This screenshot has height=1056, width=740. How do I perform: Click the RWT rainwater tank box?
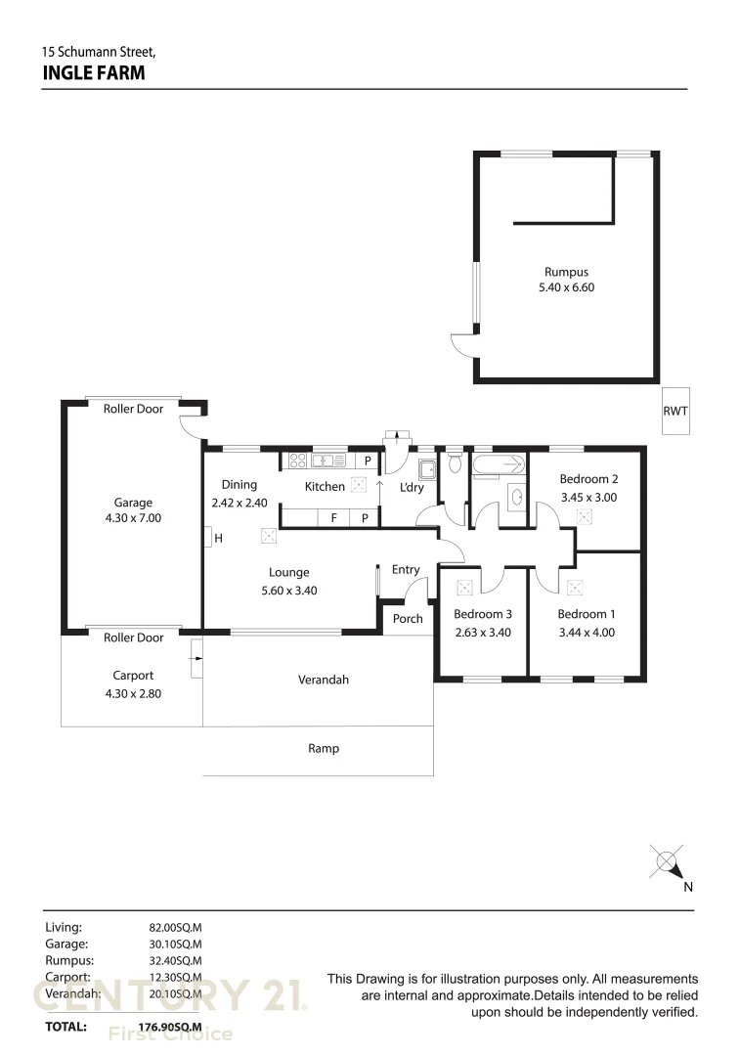coord(675,411)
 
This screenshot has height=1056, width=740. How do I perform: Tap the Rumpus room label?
coord(566,272)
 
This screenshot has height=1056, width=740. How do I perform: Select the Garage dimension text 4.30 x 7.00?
coord(133,518)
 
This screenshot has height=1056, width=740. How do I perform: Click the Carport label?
coord(133,676)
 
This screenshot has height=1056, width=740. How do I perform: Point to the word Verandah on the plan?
coord(324,680)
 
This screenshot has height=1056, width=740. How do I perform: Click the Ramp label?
coord(324,748)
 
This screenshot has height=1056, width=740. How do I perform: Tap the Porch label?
coord(408,618)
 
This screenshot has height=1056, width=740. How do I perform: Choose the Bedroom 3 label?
coord(483,614)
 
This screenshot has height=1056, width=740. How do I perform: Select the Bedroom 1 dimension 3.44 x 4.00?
coord(587,633)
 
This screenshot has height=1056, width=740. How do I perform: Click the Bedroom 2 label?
coord(588,479)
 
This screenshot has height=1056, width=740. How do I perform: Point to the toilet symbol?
coord(455,462)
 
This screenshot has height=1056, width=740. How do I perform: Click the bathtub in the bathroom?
coord(499,464)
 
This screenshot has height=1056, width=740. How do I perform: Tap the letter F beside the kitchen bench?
coord(334,518)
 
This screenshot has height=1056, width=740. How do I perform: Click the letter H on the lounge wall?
coord(218,538)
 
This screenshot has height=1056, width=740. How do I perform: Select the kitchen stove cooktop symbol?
coord(297,461)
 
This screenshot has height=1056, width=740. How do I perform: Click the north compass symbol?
coord(668,862)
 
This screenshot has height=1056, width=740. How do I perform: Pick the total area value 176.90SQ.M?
coord(170,1027)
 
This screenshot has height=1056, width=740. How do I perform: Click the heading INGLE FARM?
coord(94,72)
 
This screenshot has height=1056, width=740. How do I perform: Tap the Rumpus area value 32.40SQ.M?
coord(175,961)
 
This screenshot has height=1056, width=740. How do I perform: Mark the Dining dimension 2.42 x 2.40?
coord(239,504)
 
